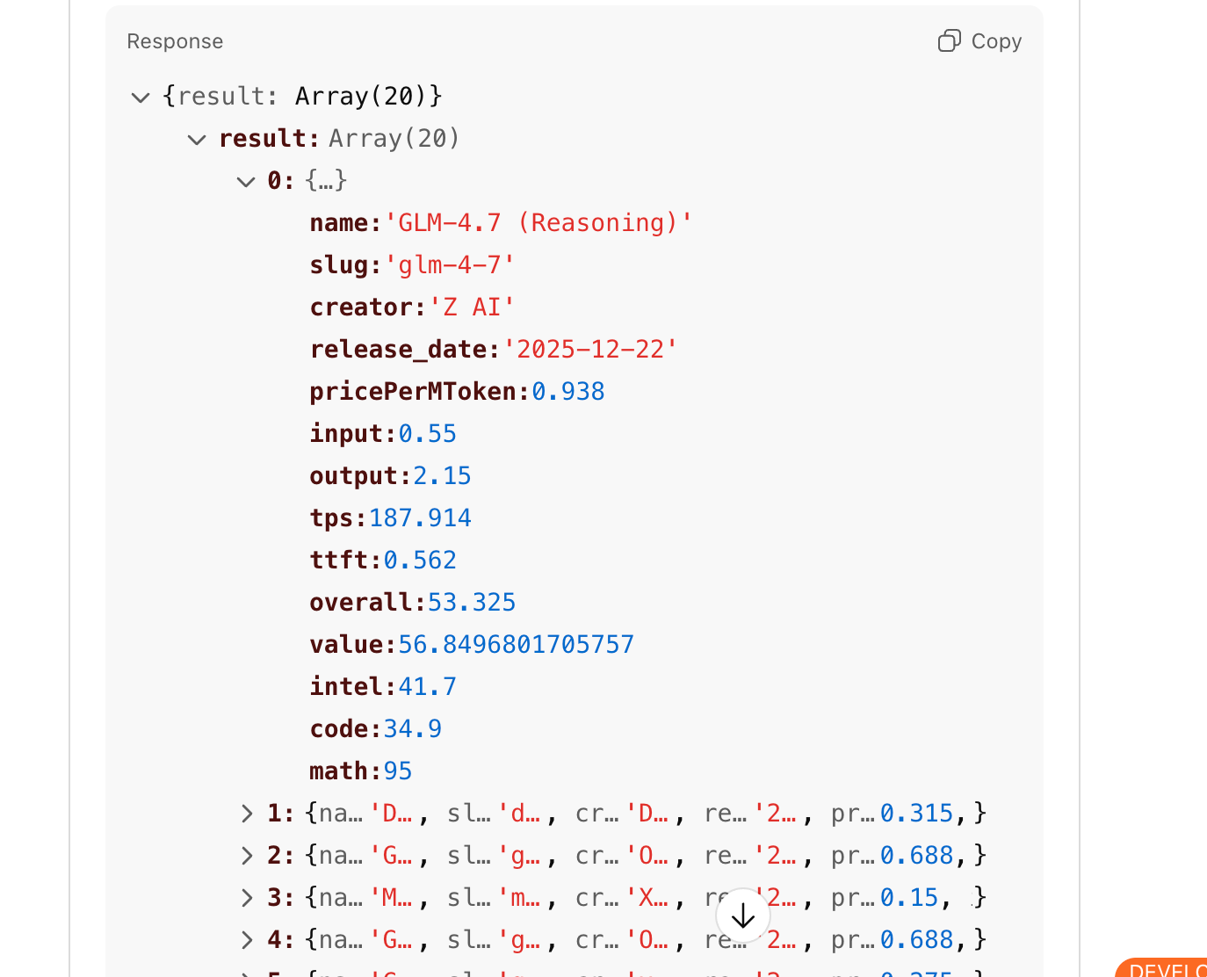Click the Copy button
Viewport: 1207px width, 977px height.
[x=979, y=41]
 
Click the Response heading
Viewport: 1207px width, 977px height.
[x=175, y=41]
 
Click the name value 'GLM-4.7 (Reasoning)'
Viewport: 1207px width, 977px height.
[x=538, y=223]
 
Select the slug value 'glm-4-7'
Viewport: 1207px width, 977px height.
[x=449, y=265]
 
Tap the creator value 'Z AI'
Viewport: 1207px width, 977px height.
[x=471, y=308]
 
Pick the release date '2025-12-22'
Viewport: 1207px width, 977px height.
[x=589, y=350]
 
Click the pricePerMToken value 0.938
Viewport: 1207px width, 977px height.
[x=567, y=392]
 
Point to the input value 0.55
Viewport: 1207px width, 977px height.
[x=427, y=434]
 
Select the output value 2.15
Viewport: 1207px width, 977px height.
[x=442, y=476]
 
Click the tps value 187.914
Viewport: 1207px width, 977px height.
[x=420, y=518]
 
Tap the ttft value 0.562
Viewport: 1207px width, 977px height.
[x=420, y=561]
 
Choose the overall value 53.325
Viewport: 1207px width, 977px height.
[x=471, y=603]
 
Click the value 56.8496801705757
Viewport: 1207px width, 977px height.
[x=516, y=645]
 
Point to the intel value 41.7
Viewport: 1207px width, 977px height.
[x=427, y=687]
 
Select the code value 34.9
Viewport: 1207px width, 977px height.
[x=412, y=729]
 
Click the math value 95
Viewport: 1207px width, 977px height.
[x=397, y=771]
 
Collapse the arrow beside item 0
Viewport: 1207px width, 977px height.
[x=246, y=182]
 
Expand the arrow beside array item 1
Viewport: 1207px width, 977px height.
[x=247, y=814]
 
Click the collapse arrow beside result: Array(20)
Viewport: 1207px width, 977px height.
[x=197, y=140]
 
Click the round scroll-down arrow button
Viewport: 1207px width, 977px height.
[x=743, y=915]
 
